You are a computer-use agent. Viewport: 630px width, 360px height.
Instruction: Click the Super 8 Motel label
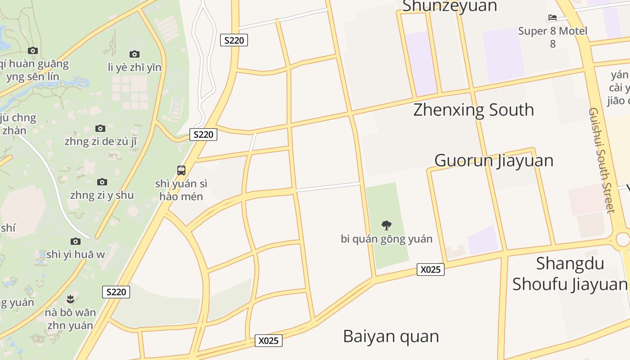(553, 31)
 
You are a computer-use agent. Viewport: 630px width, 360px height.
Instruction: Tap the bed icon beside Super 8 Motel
(553, 18)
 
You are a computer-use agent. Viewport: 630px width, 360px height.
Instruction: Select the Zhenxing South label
(473, 110)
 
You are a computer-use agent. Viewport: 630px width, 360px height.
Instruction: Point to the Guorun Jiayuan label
(494, 161)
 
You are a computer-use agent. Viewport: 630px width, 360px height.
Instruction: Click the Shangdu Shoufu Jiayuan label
(570, 274)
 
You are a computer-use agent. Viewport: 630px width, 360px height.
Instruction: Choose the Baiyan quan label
(391, 336)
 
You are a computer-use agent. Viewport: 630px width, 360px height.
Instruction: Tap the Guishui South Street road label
(601, 160)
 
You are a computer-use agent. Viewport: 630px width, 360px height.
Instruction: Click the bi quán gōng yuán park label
(387, 238)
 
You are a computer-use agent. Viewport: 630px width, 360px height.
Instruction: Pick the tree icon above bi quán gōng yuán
(386, 225)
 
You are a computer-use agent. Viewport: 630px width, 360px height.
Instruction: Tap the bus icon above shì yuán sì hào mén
(181, 171)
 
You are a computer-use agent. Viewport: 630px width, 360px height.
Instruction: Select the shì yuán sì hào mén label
(181, 190)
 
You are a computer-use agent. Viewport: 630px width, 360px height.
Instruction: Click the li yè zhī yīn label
(135, 67)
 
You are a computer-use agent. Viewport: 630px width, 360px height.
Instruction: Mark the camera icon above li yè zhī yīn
(135, 54)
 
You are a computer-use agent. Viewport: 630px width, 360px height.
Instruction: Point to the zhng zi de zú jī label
(100, 141)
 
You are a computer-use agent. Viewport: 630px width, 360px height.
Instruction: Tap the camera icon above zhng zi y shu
(102, 182)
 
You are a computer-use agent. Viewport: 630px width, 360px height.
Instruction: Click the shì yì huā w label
(76, 254)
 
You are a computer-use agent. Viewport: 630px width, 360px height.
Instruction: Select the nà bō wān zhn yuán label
(70, 319)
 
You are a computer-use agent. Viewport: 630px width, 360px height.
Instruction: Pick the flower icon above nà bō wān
(70, 298)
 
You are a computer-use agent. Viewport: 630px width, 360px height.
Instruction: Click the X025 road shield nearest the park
(430, 270)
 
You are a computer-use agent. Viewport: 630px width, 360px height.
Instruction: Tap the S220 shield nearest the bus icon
(203, 134)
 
